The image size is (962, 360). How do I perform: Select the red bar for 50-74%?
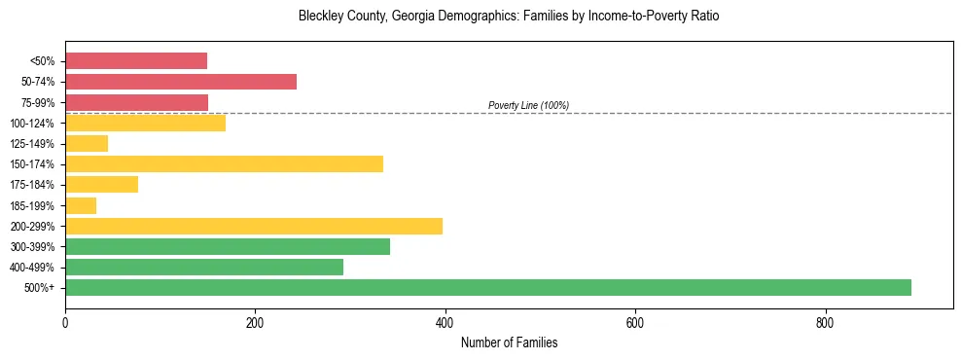(x=181, y=82)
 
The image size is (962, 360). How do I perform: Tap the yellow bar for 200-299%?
(x=254, y=226)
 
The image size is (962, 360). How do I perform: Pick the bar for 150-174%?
(x=224, y=163)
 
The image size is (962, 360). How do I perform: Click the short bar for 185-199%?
(x=81, y=205)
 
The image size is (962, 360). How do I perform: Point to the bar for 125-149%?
(x=87, y=143)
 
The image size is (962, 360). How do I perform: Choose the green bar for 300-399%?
(x=228, y=246)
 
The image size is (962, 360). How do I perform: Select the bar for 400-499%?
(x=204, y=267)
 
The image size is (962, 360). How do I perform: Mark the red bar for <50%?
(x=136, y=61)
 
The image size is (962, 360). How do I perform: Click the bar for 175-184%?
(x=101, y=184)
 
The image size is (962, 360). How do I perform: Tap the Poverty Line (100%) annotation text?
(x=528, y=105)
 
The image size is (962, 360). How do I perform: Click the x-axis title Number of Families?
(x=509, y=343)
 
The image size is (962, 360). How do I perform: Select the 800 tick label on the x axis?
(x=825, y=322)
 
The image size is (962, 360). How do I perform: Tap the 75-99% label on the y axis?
(x=38, y=102)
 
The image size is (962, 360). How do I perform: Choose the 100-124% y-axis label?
(x=35, y=123)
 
